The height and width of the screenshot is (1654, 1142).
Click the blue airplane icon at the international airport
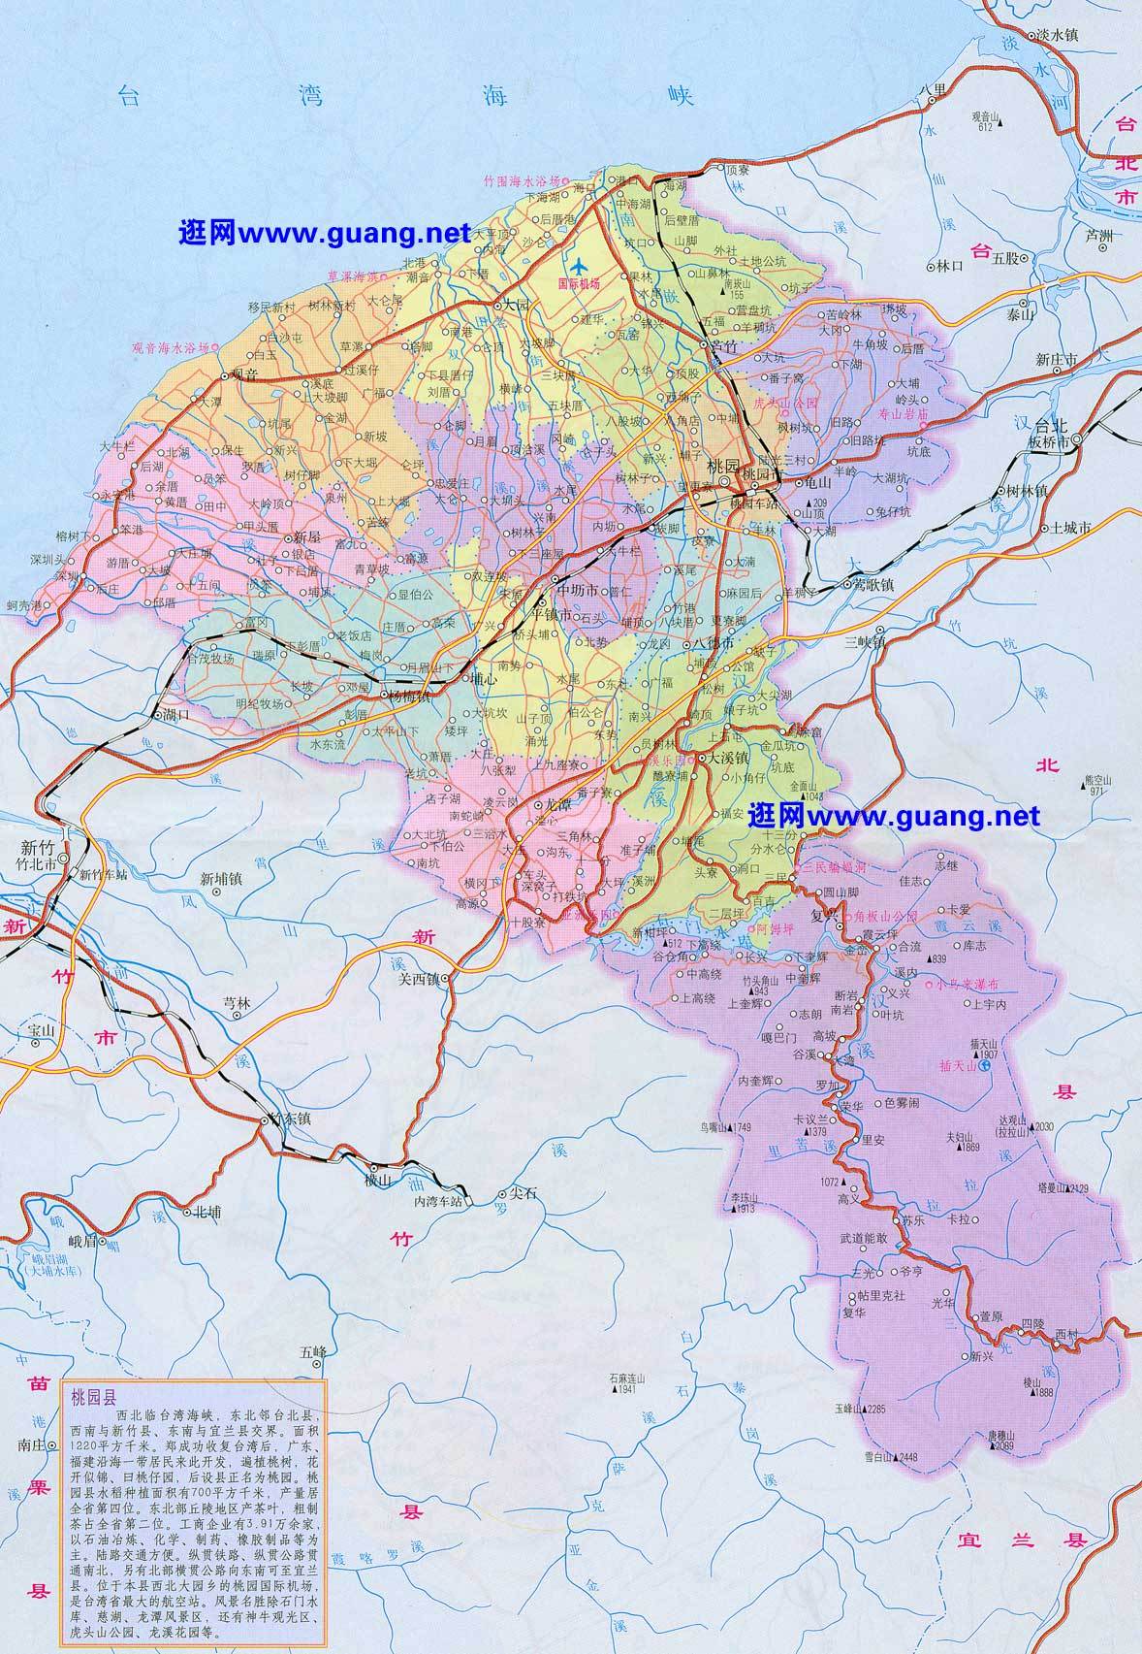coord(580,266)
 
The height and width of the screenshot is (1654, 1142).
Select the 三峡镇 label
coord(865,641)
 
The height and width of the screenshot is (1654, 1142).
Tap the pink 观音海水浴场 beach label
coord(170,347)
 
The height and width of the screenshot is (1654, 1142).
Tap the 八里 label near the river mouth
coord(933,90)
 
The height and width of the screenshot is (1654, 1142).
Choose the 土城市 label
coord(1071,528)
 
